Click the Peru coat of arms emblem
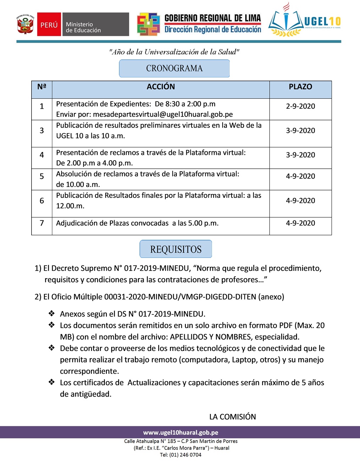pos(26,24)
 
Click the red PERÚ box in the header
pos(49,25)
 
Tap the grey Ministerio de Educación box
pos(95,25)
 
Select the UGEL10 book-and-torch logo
pos(286,21)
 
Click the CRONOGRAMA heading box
pos(174,68)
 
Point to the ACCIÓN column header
pos(161,87)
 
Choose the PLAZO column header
pos(300,87)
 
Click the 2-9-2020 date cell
pos(300,106)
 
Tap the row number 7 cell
pos(42,223)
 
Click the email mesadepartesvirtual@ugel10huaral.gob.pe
pos(163,114)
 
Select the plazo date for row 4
pos(300,155)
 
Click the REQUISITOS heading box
pos(176,249)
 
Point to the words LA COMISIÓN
pos(233,417)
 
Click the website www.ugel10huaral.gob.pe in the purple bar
pos(181,432)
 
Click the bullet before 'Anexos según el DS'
pos(52,313)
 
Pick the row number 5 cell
pos(42,176)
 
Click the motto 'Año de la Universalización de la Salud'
pos(174,52)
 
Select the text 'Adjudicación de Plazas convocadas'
pos(112,223)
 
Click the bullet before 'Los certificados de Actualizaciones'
pos(52,382)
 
